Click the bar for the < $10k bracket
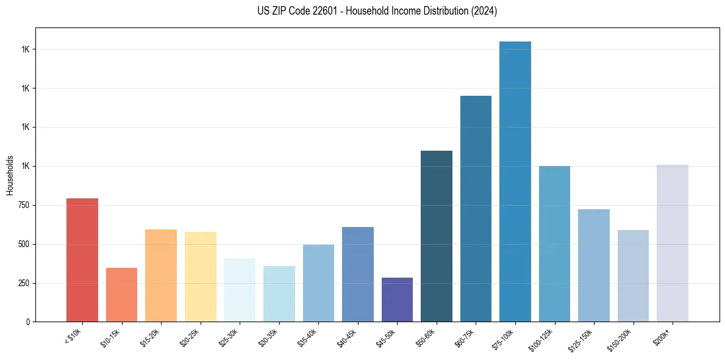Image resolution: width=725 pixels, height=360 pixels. pos(82,260)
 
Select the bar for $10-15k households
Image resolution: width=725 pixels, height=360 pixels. pos(121,295)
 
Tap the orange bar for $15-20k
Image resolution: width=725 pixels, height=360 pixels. pos(161,276)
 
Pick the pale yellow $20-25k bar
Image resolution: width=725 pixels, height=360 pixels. pos(201,277)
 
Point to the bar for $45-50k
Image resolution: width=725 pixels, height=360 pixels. pos(397,300)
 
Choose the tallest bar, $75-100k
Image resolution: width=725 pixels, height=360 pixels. pos(515,182)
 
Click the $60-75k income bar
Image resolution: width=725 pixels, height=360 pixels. pos(476,209)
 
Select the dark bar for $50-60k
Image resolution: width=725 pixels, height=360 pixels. pos(437,236)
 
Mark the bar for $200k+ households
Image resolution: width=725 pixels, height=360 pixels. pos(673,243)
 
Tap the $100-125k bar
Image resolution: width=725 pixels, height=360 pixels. pos(554,244)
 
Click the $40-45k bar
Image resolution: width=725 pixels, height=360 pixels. pos(358,275)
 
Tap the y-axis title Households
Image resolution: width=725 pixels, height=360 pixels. pos(10,175)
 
